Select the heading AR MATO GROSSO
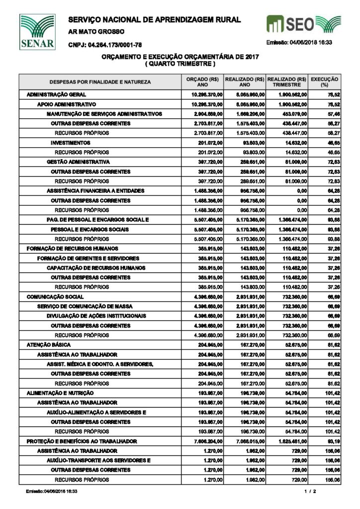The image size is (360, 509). (x=96, y=32)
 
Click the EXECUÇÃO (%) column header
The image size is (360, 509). (x=324, y=82)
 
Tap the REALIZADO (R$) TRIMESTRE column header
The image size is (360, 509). (x=286, y=82)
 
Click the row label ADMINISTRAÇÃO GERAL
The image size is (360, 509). (x=56, y=94)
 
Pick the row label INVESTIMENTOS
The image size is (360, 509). (x=70, y=143)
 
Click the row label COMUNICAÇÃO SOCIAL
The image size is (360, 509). (x=55, y=297)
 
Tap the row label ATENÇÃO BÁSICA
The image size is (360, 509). (x=49, y=345)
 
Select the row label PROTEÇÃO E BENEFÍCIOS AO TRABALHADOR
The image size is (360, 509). (x=82, y=441)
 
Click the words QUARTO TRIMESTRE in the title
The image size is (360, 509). (x=180, y=65)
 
